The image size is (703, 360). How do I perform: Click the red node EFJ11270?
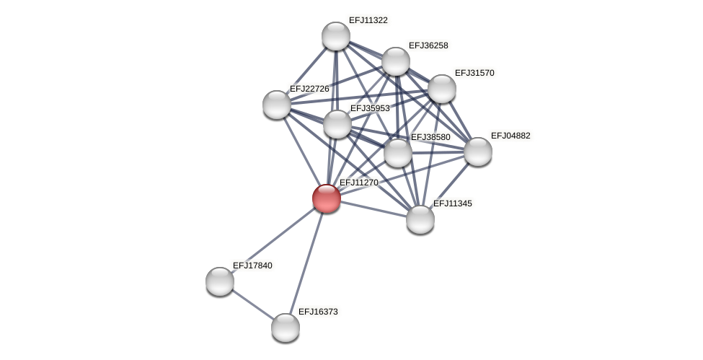coord(326,198)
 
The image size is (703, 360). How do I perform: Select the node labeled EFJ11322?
coord(335,36)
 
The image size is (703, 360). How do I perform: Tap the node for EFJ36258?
coord(395,61)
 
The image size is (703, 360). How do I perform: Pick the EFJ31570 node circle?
coord(441,89)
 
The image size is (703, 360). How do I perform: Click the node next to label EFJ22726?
coord(277,105)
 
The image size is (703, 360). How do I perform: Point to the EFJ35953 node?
coord(337,124)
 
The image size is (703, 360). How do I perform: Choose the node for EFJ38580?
coord(397,153)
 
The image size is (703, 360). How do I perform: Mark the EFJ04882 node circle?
coord(477,152)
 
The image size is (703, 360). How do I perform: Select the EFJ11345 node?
coord(420,219)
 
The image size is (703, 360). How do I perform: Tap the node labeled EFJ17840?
coord(220,281)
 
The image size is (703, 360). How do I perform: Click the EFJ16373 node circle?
coord(286,328)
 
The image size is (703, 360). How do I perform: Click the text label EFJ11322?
coord(368,20)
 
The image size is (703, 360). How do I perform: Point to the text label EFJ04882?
coord(510,136)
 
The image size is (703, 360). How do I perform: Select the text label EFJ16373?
coord(318,312)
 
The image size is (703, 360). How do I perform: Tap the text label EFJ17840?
coord(252,265)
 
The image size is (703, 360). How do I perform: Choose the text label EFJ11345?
coord(452,203)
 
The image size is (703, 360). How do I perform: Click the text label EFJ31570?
coord(474,73)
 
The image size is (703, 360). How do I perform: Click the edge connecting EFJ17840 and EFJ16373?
coord(252,304)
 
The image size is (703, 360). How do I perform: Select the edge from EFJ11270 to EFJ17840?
coord(273,240)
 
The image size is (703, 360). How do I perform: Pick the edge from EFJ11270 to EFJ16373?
coord(306,263)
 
